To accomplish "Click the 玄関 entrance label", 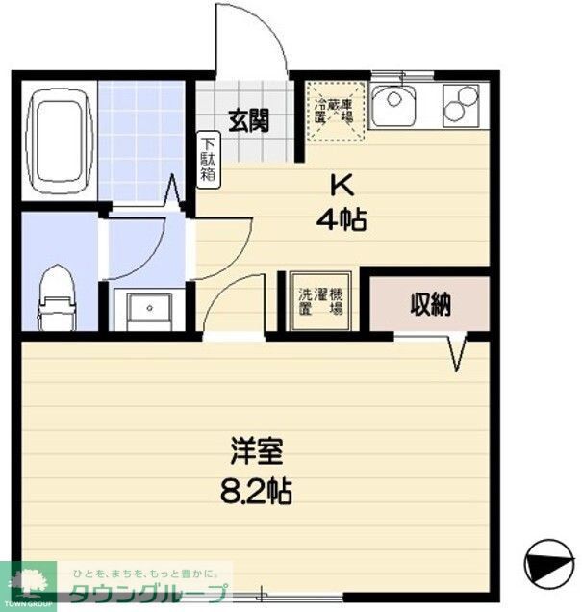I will pos(247,120).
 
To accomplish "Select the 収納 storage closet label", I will pos(431,305).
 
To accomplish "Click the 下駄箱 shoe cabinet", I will pos(208,159).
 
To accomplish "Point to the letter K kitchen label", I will pos(340,184).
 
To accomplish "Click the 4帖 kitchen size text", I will pos(341,220).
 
